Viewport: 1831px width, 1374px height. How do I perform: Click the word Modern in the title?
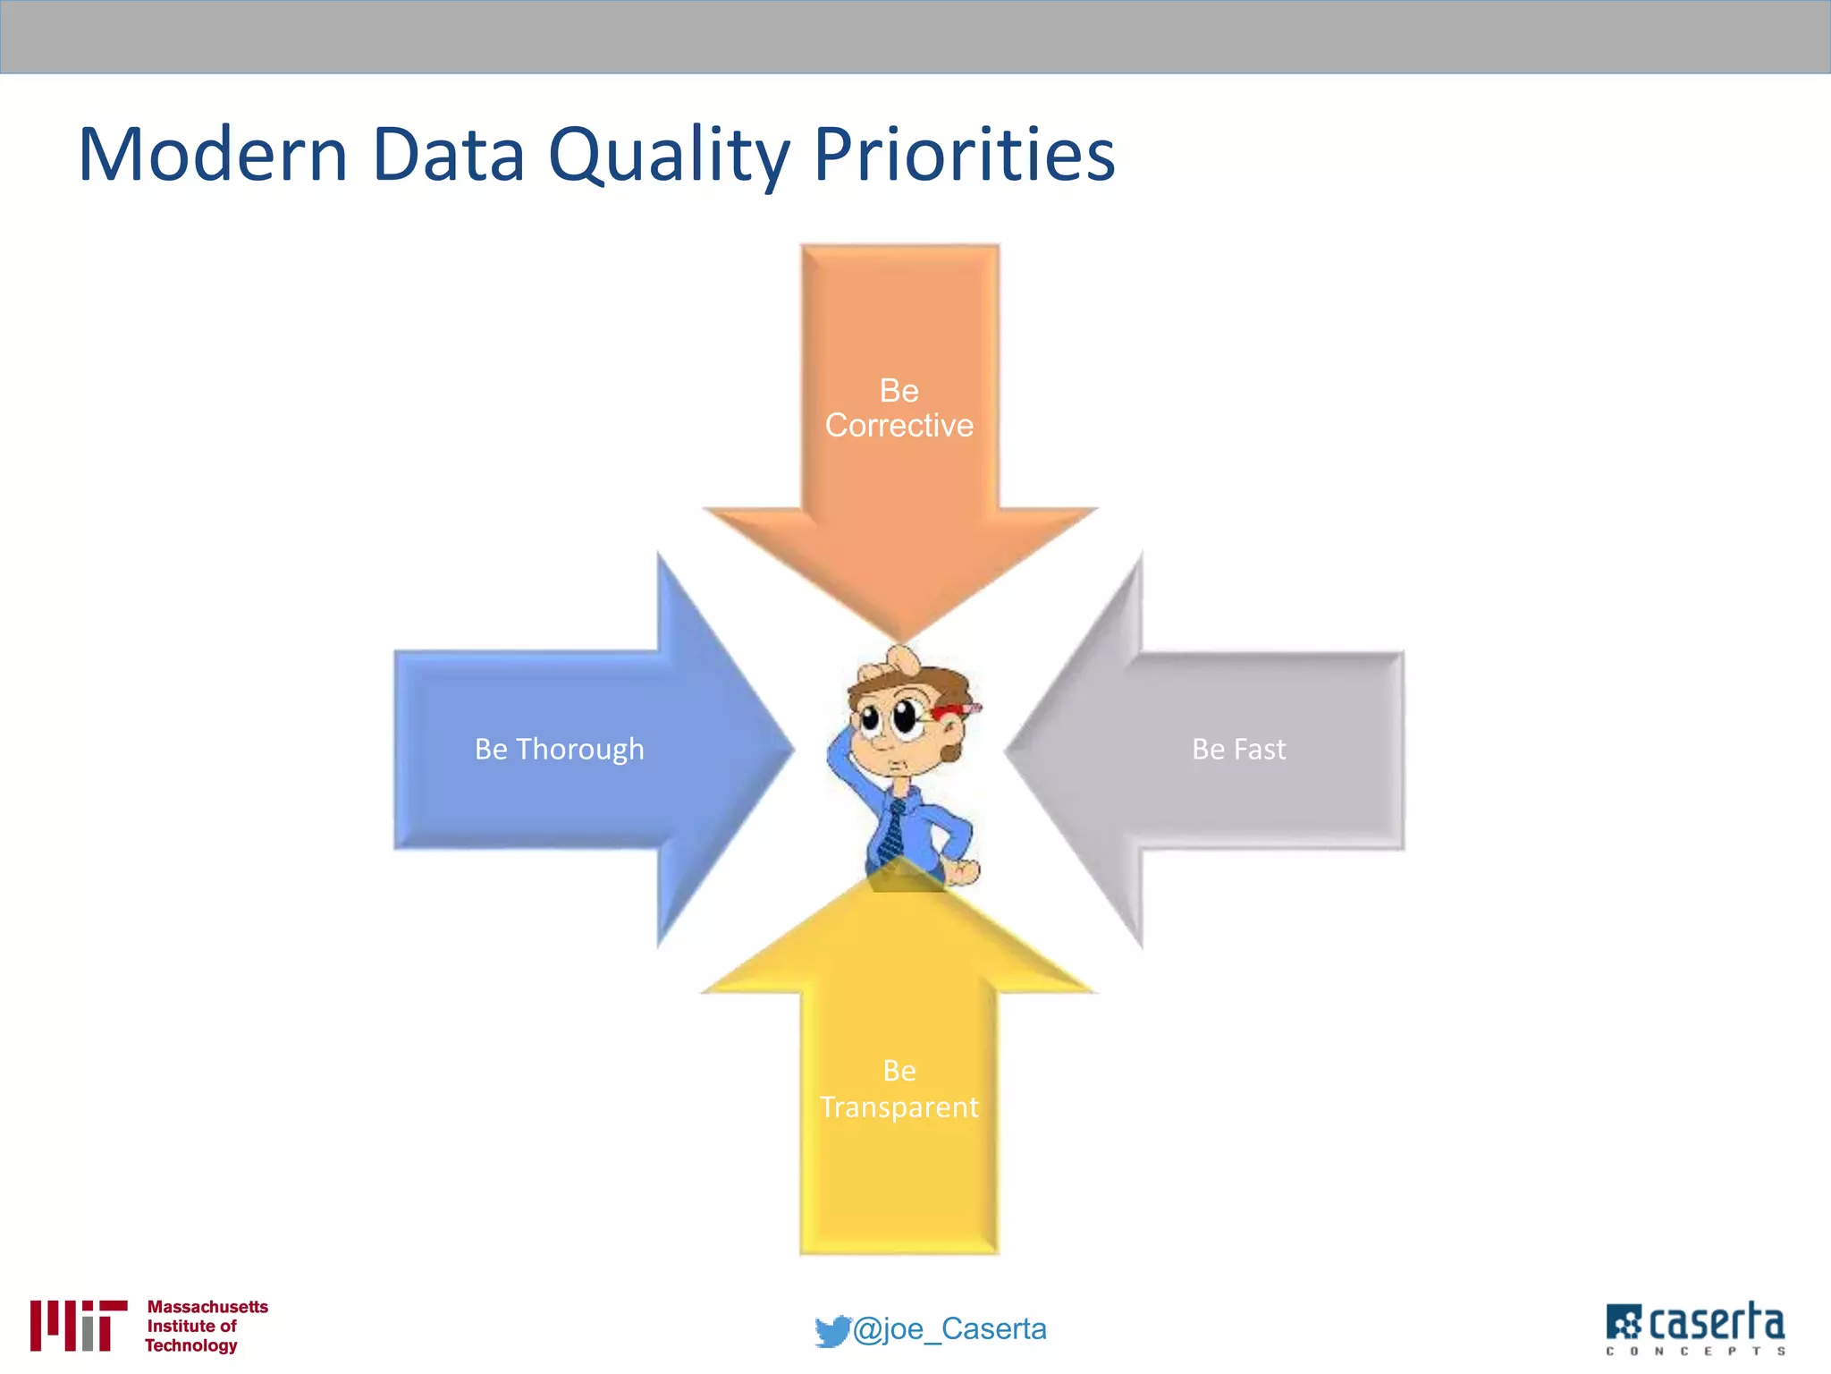(x=213, y=155)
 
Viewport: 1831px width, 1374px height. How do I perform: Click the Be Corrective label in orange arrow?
(x=899, y=408)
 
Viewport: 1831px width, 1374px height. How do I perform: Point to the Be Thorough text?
(x=559, y=749)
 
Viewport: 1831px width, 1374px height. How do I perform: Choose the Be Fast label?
(x=1238, y=749)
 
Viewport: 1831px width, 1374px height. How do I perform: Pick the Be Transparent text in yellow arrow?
(x=899, y=1089)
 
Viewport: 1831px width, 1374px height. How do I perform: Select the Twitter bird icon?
(x=831, y=1331)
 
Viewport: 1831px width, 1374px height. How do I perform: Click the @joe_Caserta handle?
(x=949, y=1329)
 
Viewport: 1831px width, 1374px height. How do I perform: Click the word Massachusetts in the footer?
(x=207, y=1307)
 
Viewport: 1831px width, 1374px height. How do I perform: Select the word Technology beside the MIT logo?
(x=191, y=1345)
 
